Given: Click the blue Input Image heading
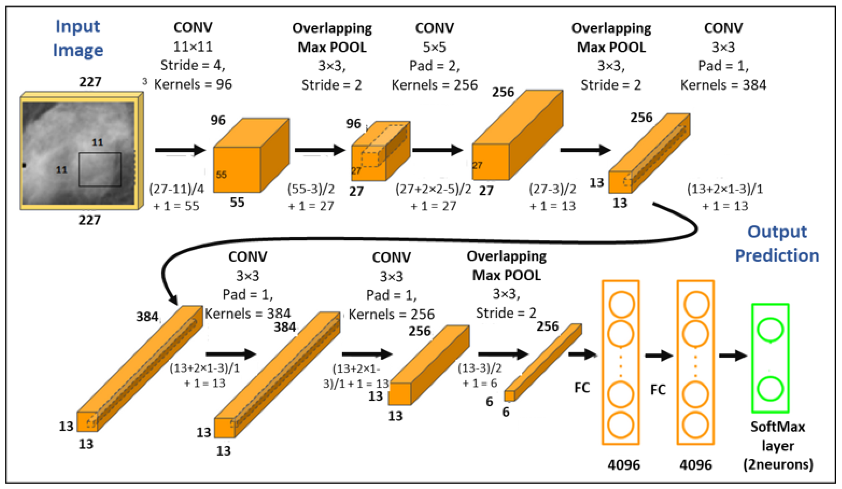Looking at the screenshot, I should click(78, 38).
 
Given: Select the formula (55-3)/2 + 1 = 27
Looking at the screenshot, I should click(311, 197).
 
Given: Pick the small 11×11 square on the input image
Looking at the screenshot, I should click(100, 169).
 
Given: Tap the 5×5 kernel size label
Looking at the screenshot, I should click(434, 47).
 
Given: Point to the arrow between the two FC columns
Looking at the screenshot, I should click(658, 356).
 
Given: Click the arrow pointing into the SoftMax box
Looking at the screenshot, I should click(733, 356).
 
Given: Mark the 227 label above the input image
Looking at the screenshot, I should click(90, 82).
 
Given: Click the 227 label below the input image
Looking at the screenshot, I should click(90, 220).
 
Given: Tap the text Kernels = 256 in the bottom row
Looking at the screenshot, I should click(392, 314).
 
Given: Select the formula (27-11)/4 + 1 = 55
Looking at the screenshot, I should click(176, 197).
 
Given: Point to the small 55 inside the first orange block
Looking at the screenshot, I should click(221, 175).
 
